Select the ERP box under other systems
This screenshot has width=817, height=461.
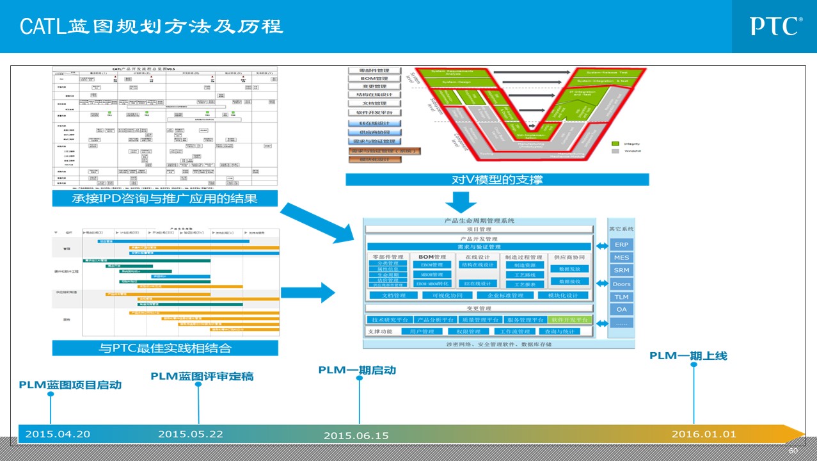[621, 245]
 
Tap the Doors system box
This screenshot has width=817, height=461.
[621, 284]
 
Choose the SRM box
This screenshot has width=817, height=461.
[621, 270]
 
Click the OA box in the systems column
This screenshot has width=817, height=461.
[621, 309]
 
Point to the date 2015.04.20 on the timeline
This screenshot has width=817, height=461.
[58, 434]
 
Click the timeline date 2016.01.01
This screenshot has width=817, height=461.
[704, 434]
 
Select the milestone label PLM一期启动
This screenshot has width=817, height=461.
[357, 370]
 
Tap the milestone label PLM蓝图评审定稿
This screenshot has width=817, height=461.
[202, 376]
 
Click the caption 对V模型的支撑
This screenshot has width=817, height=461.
[497, 179]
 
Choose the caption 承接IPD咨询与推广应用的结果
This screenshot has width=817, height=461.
[164, 198]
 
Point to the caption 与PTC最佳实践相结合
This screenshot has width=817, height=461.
[164, 348]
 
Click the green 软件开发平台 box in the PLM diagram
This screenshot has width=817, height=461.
[569, 319]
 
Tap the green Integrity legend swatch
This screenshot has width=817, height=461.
[615, 143]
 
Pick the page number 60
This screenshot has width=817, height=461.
[793, 451]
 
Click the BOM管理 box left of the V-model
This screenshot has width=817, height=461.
[374, 78]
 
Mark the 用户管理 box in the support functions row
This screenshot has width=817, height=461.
[422, 332]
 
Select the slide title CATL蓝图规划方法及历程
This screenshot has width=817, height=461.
[151, 26]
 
